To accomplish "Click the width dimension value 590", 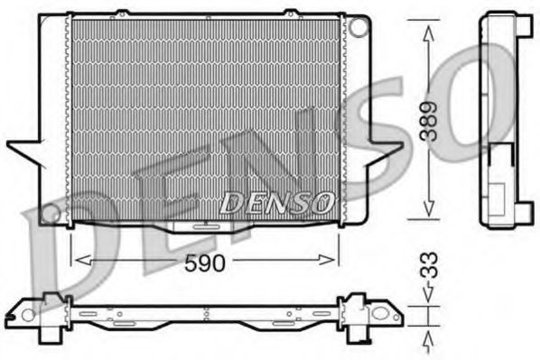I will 207,263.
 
